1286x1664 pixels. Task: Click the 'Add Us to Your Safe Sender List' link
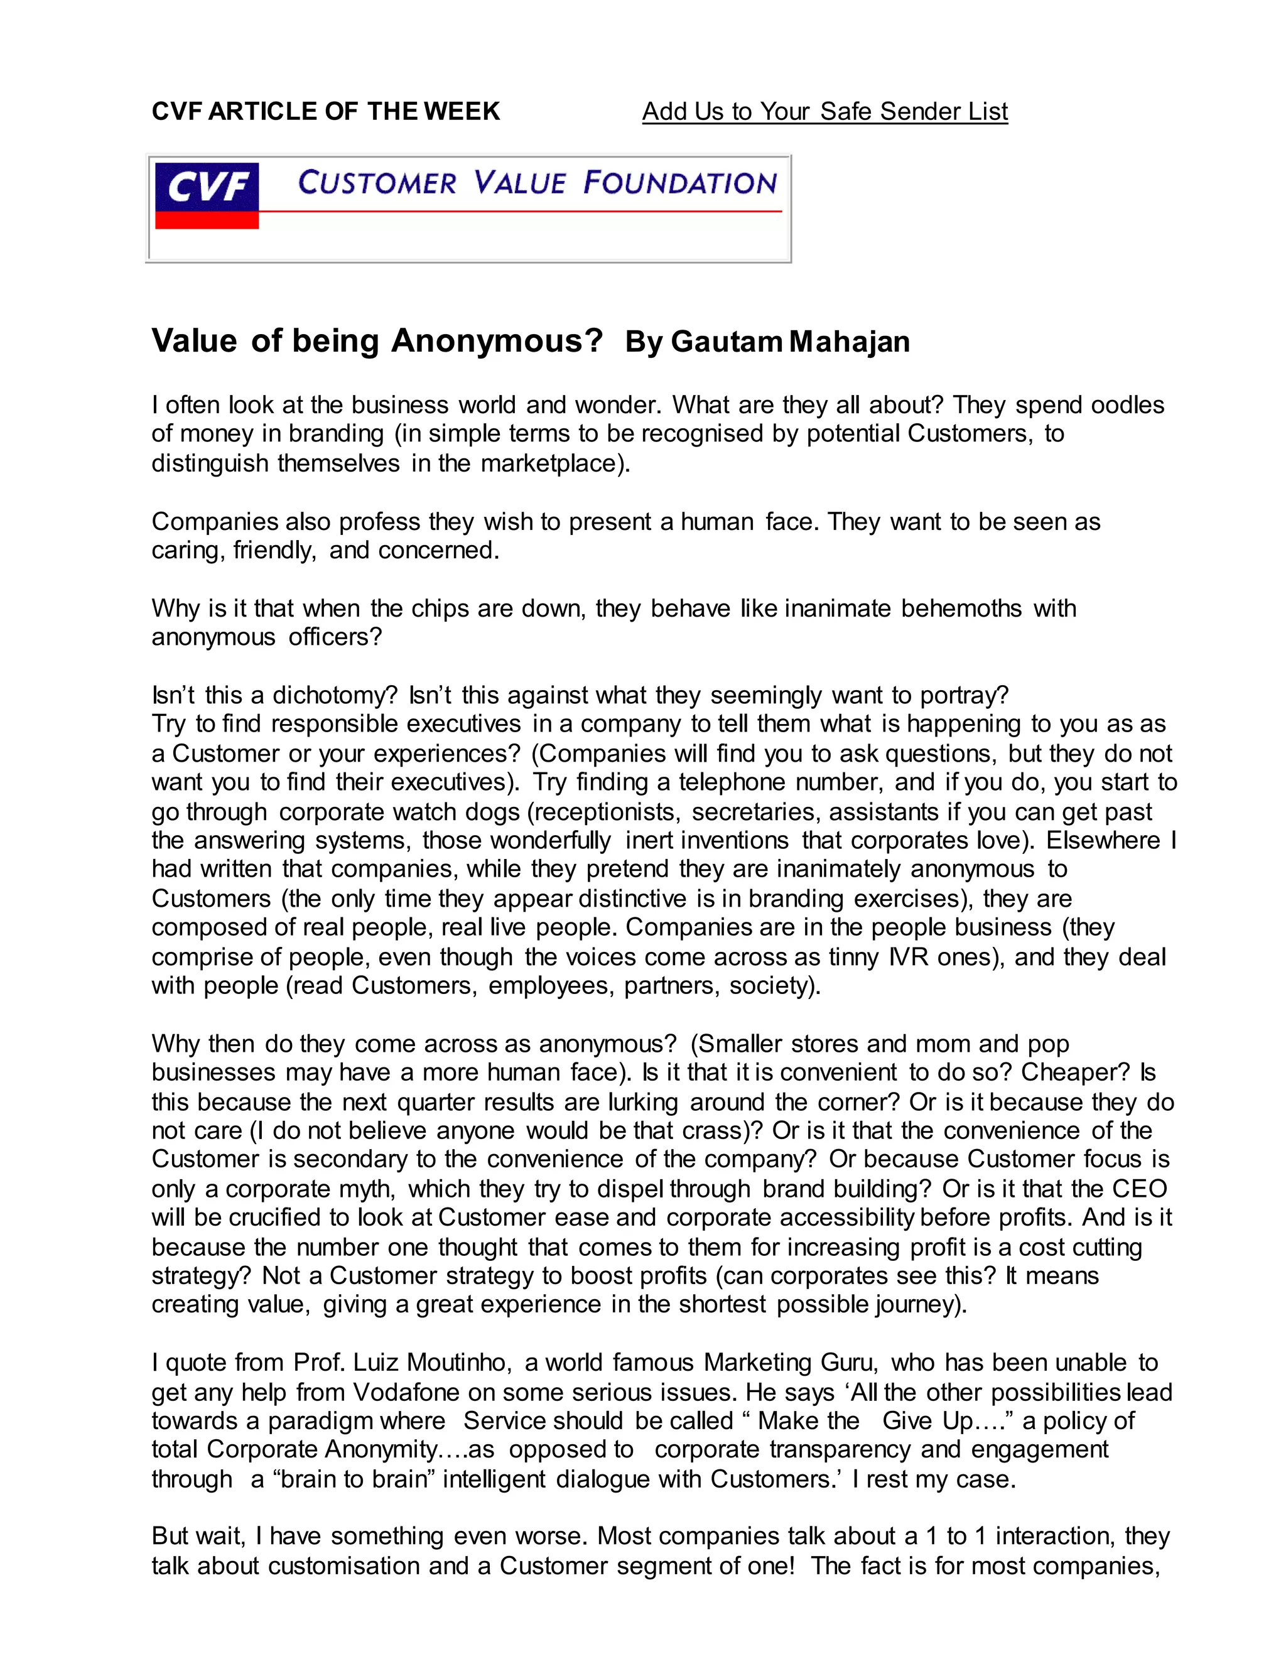coord(824,112)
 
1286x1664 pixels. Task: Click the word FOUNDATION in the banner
coord(679,183)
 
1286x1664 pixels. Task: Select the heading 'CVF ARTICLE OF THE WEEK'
coord(325,112)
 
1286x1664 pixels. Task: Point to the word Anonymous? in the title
coord(497,340)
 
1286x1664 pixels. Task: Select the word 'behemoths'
coord(961,608)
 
